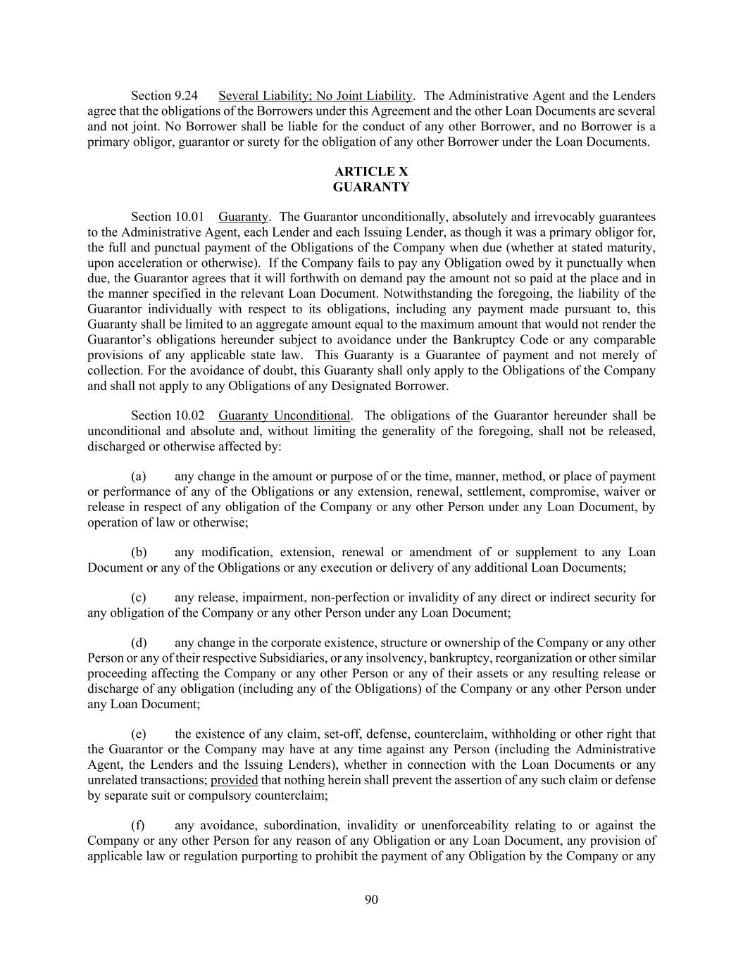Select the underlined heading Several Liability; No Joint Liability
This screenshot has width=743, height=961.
[x=315, y=96]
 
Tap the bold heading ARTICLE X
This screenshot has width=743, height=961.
[x=371, y=172]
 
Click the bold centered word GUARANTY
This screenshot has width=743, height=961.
[x=371, y=187]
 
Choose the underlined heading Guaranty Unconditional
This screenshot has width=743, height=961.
[x=284, y=415]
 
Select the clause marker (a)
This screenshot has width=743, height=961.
[x=139, y=477]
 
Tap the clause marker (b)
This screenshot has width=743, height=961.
[x=139, y=553]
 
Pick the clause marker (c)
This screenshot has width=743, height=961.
[x=139, y=598]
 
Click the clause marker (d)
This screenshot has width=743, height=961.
[x=139, y=643]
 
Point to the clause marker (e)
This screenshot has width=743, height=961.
[x=139, y=734]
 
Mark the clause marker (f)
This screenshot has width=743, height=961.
[x=138, y=825]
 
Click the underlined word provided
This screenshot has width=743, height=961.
[x=234, y=780]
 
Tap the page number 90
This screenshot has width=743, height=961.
[x=371, y=899]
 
